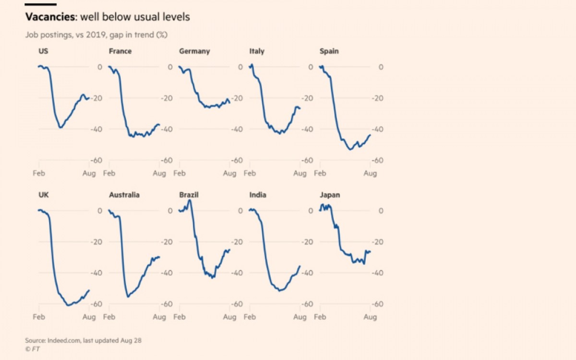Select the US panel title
click(43, 51)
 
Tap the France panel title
click(120, 51)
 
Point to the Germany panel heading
click(194, 51)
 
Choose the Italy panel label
click(257, 51)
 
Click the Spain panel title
click(329, 51)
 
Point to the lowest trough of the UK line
click(68, 305)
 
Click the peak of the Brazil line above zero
click(190, 200)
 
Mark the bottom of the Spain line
click(350, 149)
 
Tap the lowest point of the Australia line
click(128, 297)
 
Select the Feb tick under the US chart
click(39, 173)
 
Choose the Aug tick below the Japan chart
click(370, 317)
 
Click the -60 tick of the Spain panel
click(377, 160)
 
